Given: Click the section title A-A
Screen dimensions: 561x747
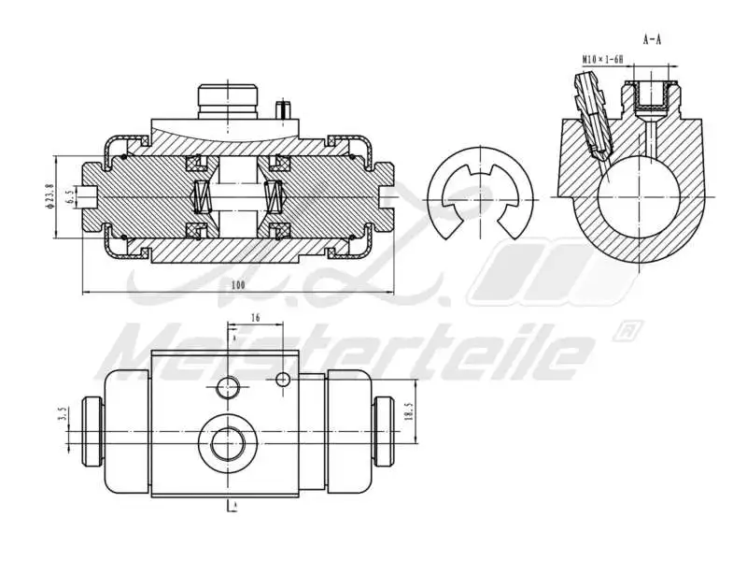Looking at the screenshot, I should pos(653,40).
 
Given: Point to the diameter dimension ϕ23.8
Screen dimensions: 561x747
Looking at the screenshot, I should pos(49,197).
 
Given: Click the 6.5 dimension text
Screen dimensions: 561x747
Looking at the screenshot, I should pos(70,197).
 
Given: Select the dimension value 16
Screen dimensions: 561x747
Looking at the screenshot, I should pos(255,319).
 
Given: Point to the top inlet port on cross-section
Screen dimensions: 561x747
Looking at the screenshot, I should pos(227,100).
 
